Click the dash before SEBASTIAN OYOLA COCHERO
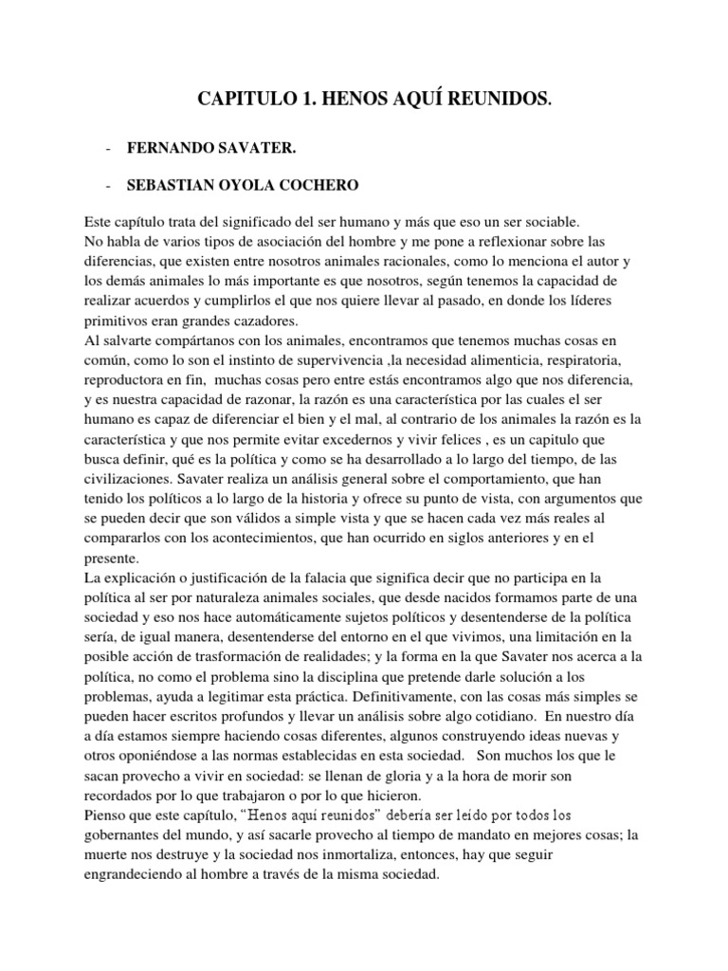point(112,185)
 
